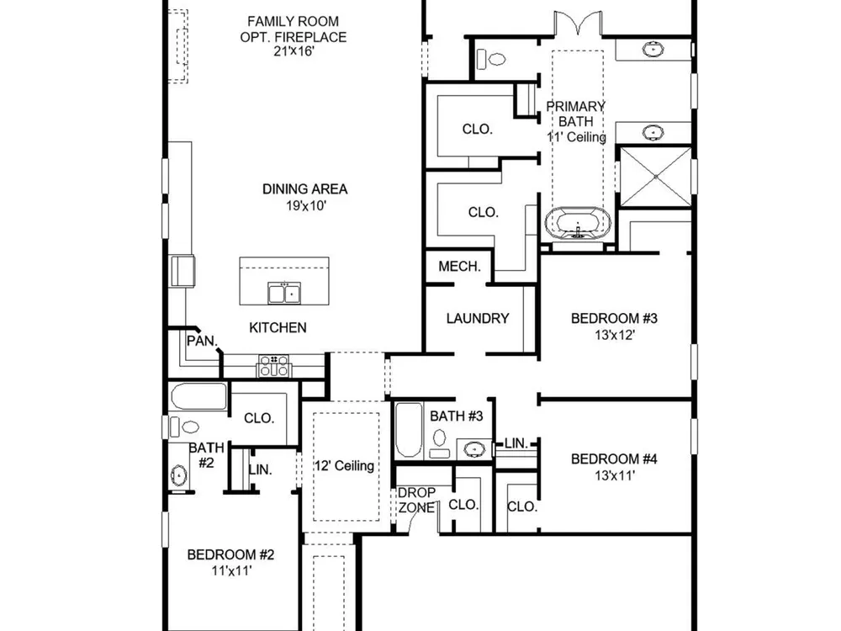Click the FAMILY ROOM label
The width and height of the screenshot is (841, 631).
pos(293,22)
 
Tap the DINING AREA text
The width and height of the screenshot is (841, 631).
pos(304,188)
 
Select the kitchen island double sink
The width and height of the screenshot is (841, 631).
pos(284,293)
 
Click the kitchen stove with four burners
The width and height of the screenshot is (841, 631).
pos(274,366)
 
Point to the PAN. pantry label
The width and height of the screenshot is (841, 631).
pos(202,341)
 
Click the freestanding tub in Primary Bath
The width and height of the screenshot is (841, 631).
pos(578,222)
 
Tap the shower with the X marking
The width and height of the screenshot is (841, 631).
pos(655,176)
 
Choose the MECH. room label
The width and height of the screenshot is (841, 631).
pos(459,266)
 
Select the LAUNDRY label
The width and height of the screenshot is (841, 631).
pos(478,318)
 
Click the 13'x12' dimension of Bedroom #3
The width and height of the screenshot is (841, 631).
pos(614,335)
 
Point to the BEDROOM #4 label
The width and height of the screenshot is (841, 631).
pos(614,459)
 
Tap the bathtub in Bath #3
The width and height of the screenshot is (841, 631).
pos(409,430)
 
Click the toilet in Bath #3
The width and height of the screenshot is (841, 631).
pos(439,443)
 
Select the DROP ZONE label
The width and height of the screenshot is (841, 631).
pos(417,500)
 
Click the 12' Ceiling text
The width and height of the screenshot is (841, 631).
pos(344,465)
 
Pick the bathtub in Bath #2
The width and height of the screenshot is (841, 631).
pos(199,396)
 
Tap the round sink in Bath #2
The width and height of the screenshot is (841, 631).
pos(178,475)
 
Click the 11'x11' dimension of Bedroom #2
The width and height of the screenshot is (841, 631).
pos(231,570)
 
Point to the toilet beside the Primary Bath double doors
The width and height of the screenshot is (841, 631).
pos(491,59)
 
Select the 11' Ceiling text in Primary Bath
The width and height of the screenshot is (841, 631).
pos(577,137)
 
